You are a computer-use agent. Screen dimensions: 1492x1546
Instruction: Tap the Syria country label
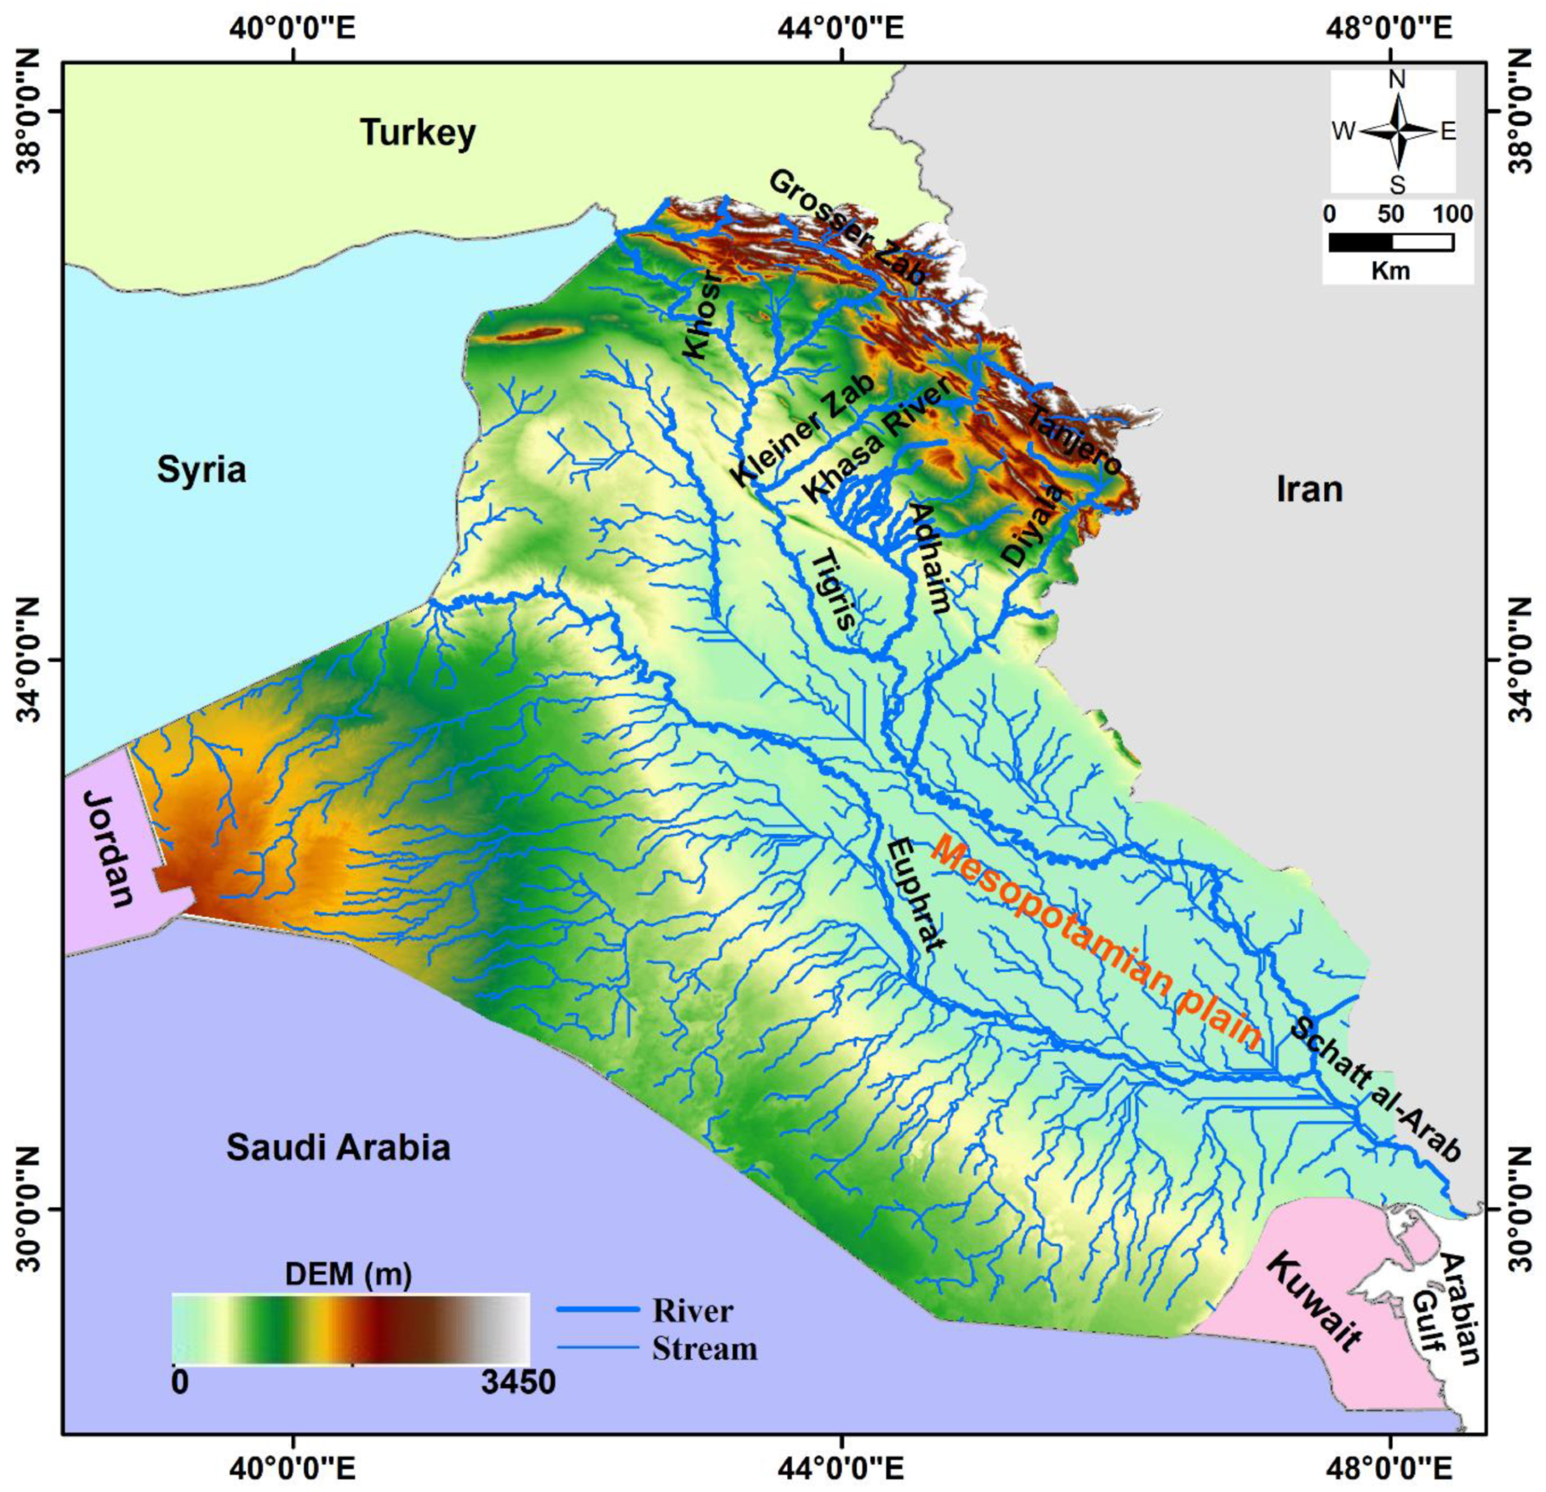[201, 470]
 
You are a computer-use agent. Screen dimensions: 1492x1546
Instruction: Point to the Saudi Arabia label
[339, 1146]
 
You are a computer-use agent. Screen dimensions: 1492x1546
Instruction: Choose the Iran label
[1309, 490]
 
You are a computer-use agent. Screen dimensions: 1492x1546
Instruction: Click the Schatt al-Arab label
[1373, 1091]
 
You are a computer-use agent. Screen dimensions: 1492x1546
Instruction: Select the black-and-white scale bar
[1390, 242]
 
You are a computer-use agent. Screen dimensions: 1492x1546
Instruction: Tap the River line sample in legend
[597, 1310]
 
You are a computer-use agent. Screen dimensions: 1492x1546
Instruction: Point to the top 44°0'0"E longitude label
[844, 30]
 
